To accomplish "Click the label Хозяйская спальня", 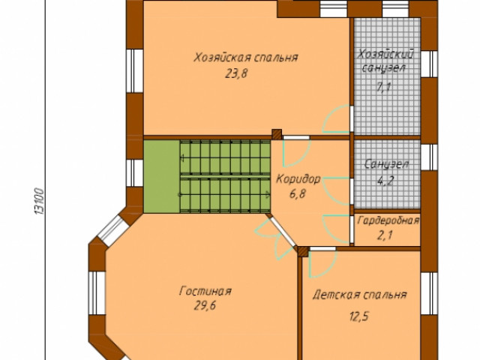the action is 246,58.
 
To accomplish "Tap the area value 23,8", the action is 236,73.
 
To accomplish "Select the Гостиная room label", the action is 205,291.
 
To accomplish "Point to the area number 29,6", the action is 205,305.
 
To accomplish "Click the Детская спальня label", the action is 360,295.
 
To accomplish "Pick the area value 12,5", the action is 358,316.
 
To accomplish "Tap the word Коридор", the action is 298,178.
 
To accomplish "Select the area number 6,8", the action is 298,193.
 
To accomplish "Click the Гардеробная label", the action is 388,220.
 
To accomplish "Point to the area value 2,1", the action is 385,235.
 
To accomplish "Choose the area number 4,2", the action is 385,181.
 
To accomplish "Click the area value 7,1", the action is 384,87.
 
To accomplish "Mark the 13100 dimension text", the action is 40,201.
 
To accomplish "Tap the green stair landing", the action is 162,176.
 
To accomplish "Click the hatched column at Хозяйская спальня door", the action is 277,134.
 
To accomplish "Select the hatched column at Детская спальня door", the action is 303,251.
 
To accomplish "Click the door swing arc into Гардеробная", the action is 329,229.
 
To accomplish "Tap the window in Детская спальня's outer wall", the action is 429,293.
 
